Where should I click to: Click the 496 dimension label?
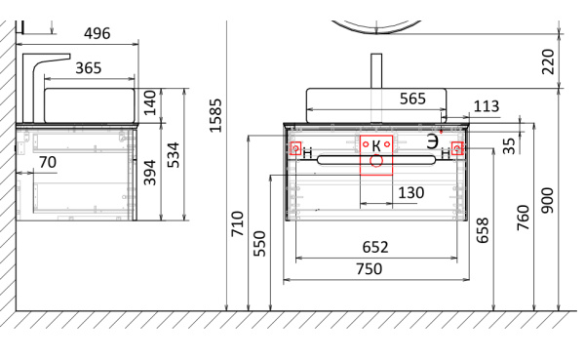[97, 33]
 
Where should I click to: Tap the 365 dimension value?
[89, 68]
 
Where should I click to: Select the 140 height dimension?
[149, 102]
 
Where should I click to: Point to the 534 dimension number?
[173, 154]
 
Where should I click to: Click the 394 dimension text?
[149, 173]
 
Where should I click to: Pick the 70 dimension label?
[48, 163]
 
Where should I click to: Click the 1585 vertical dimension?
[215, 115]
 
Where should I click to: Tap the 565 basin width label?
[412, 99]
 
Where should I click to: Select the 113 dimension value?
[487, 106]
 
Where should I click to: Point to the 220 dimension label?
[548, 61]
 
